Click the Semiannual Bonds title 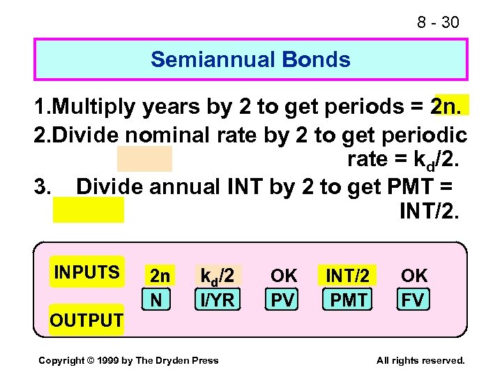coord(250,59)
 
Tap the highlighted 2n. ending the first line coord(451,106)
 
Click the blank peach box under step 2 coord(144,159)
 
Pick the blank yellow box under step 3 coord(89,209)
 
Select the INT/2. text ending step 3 coord(429,209)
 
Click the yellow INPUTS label coord(86,272)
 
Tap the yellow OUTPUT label coord(86,320)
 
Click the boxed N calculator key coord(156,300)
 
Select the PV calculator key coord(283,300)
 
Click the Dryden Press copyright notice coord(128,360)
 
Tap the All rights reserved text coord(420,360)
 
